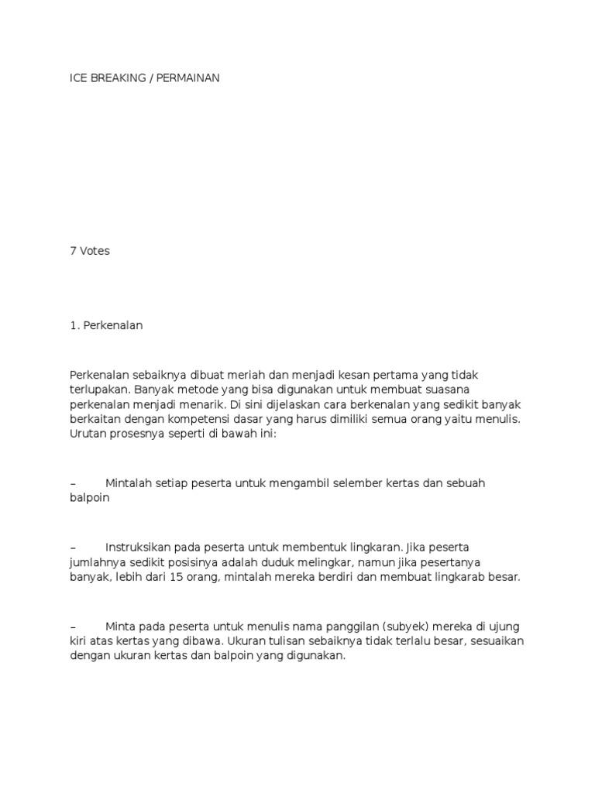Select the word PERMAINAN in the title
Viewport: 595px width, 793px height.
188,78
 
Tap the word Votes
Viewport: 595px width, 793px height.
95,251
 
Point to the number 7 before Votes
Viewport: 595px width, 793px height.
73,251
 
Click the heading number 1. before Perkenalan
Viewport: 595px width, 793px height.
74,326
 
